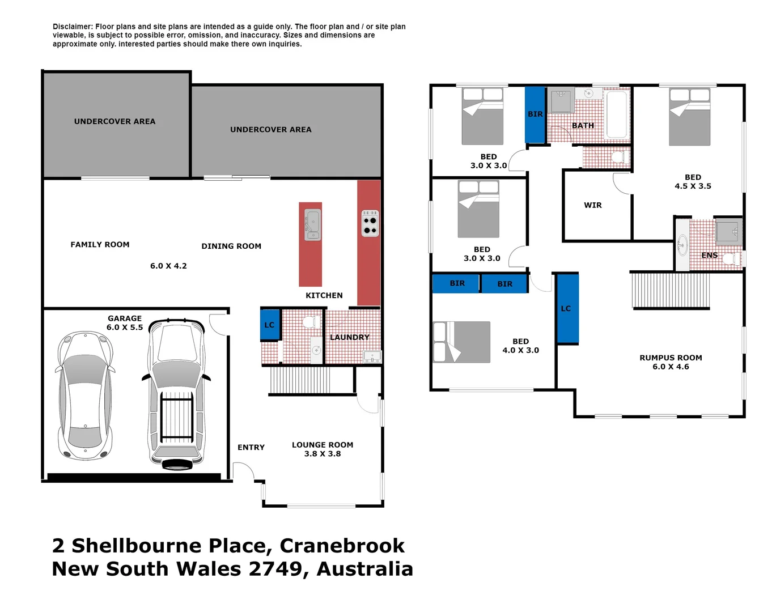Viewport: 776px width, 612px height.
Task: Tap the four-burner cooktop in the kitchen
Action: [x=370, y=223]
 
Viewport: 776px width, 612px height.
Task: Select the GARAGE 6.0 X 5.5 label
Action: [x=125, y=323]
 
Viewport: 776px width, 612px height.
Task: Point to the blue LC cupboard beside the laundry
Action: [x=270, y=325]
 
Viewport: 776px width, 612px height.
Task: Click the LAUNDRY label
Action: [x=349, y=337]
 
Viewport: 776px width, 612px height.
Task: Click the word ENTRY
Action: [x=251, y=448]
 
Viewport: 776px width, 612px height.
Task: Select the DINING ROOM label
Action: [x=231, y=246]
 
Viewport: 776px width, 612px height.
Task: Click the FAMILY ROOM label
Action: [x=100, y=245]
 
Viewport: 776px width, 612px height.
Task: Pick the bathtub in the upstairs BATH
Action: [x=617, y=115]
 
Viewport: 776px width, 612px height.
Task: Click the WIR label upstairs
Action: [x=593, y=205]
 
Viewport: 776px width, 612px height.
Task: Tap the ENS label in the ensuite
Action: [x=709, y=256]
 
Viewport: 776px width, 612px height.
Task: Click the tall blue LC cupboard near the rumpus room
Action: [x=567, y=309]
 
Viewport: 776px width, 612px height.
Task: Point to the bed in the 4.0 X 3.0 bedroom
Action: [x=461, y=342]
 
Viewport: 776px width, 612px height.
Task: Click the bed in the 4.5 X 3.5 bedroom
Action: [x=689, y=117]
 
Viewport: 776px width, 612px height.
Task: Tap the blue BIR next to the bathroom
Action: [x=535, y=114]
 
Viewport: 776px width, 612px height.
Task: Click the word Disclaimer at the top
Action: [x=73, y=27]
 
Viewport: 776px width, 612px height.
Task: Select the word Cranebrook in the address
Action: [x=342, y=546]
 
